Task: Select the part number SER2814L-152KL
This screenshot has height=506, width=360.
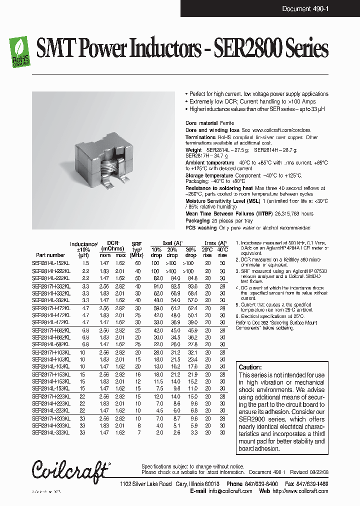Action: click(x=51, y=263)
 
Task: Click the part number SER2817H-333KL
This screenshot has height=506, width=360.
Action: click(x=51, y=418)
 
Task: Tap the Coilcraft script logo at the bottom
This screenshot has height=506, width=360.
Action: click(x=70, y=469)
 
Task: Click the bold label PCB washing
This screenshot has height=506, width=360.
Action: click(x=200, y=227)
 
